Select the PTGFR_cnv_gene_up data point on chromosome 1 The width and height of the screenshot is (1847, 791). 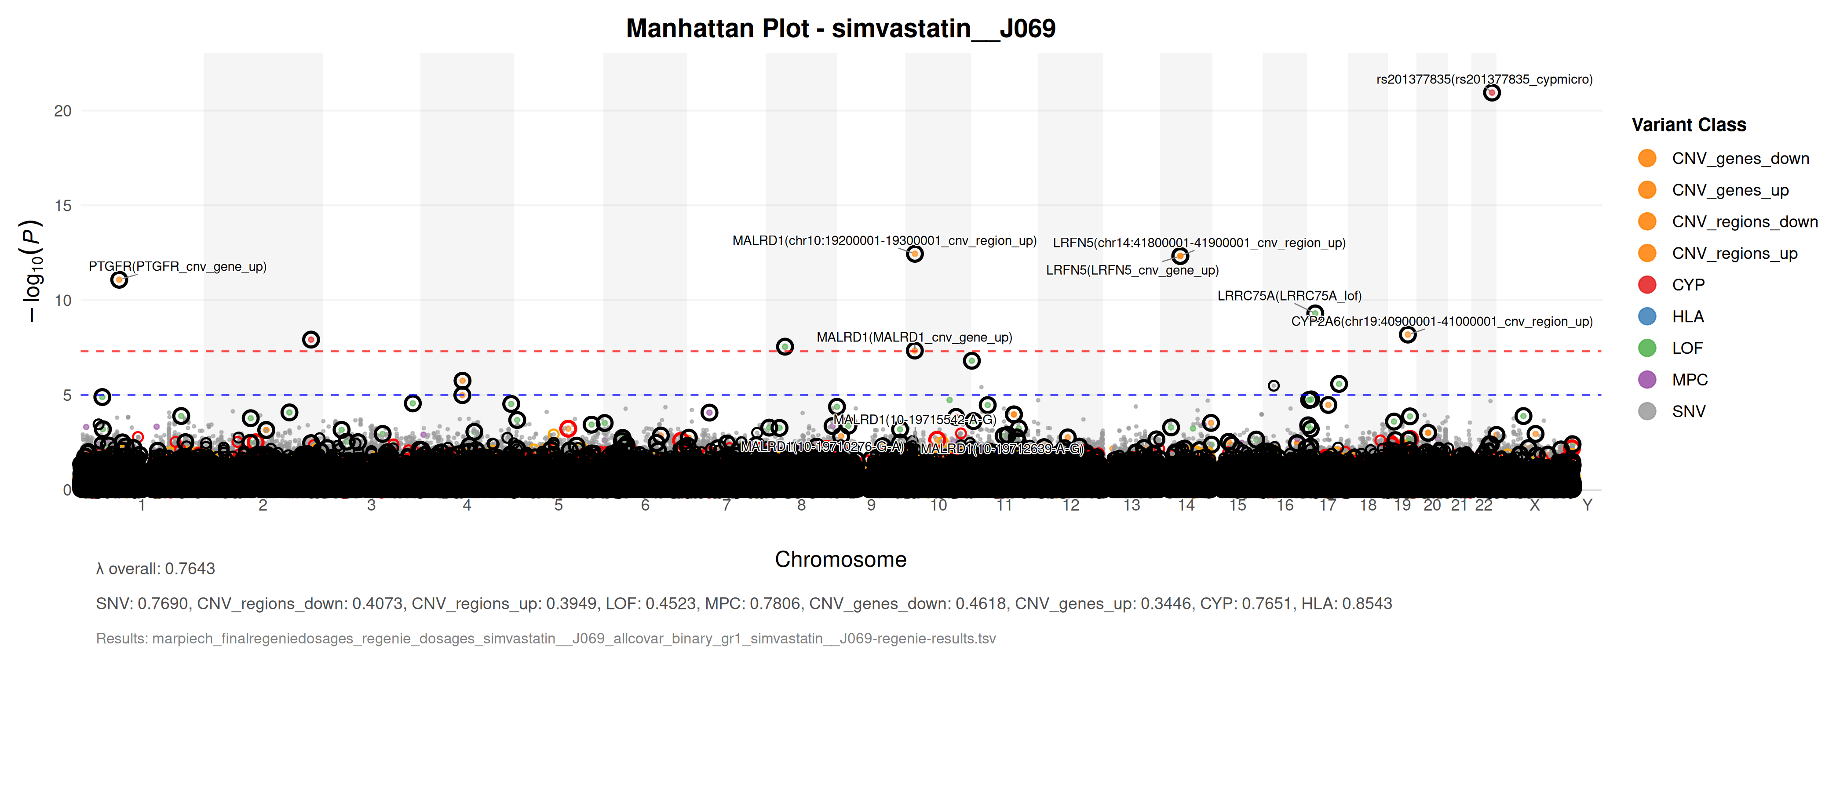click(x=119, y=279)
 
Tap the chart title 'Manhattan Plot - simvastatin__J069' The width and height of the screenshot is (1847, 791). click(x=840, y=29)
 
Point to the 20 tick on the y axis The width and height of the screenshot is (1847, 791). click(x=63, y=111)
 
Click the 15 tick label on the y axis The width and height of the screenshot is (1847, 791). click(x=63, y=206)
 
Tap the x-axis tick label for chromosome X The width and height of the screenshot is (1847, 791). click(x=1534, y=505)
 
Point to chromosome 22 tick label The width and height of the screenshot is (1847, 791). click(x=1483, y=505)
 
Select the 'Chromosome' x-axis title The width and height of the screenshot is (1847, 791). click(x=840, y=559)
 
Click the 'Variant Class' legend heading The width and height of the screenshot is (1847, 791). click(x=1689, y=125)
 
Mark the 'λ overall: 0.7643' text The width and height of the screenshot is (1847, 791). click(x=156, y=569)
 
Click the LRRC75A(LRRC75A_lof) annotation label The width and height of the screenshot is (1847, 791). click(x=1289, y=296)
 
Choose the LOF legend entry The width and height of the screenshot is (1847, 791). click(x=1686, y=348)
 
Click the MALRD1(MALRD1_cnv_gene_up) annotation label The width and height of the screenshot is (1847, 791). click(x=914, y=337)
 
